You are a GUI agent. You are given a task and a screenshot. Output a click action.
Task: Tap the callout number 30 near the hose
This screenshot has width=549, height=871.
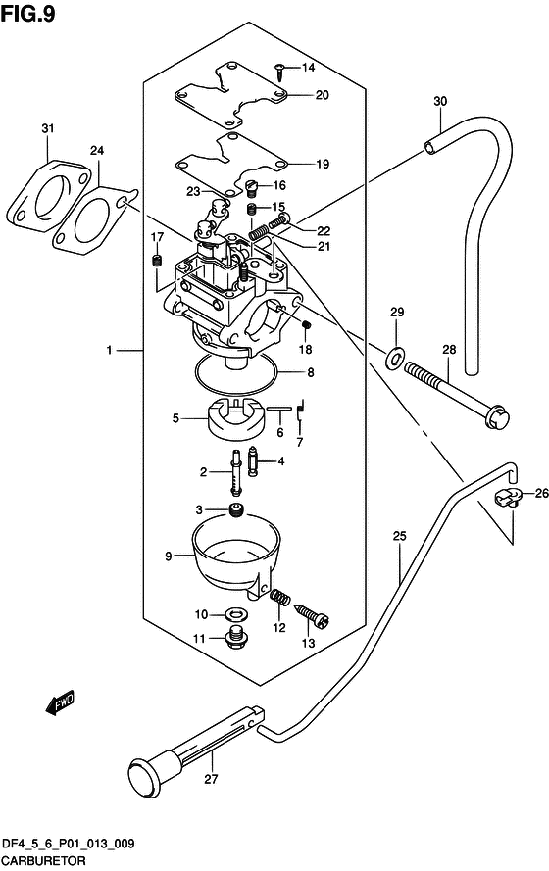[440, 102]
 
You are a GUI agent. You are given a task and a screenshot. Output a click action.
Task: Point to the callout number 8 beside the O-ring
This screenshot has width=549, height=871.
[310, 372]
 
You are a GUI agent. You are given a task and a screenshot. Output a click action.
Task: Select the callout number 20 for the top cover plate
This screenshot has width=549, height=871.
[322, 95]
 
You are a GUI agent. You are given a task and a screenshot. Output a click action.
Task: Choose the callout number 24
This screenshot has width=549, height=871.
[96, 151]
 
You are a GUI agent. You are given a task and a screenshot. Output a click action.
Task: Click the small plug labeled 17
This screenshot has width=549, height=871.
[156, 260]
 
